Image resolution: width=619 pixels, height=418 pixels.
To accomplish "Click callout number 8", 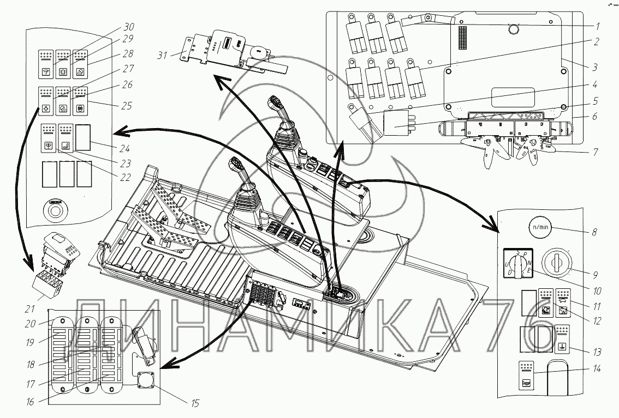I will pos(594,232).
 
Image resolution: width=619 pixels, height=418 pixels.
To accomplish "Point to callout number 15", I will pos(195,403).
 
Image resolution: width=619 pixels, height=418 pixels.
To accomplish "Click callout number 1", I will pos(598,26).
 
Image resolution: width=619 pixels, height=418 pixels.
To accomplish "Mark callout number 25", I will pos(127,105).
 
